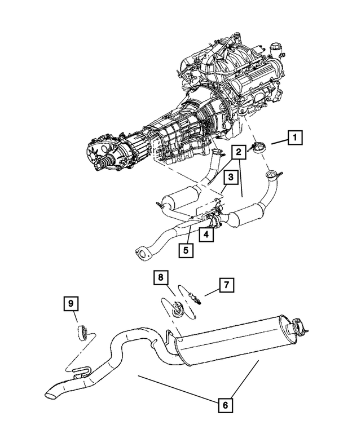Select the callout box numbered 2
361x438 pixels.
tap(239, 151)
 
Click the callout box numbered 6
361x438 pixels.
tap(224, 404)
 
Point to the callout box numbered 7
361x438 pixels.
tap(226, 285)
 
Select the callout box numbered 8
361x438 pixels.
tap(161, 278)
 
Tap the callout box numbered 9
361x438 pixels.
tap(71, 304)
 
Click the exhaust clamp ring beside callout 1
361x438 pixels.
tap(261, 148)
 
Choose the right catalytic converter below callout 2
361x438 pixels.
tap(247, 216)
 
